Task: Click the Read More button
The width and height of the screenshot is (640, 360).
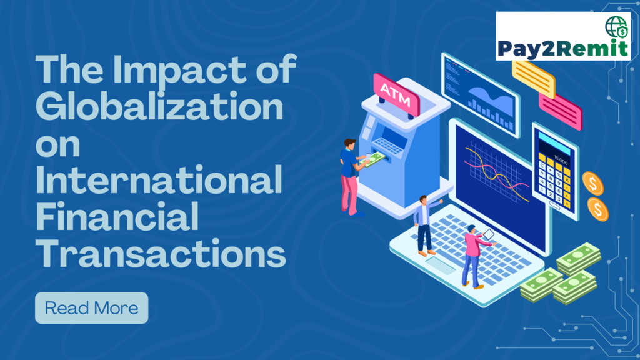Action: (x=91, y=308)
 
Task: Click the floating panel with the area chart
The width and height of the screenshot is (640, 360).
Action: (x=479, y=93)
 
